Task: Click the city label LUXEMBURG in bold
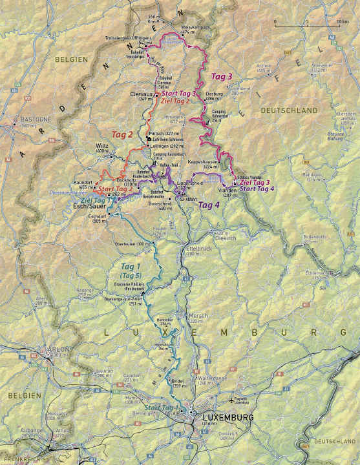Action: (228, 418)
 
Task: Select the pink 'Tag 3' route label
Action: (222, 77)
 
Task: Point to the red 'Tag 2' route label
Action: (122, 134)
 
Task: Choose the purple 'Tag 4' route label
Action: (208, 205)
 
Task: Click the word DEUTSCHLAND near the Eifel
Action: (285, 111)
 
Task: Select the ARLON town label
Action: (54, 349)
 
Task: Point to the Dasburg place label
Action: (213, 94)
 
